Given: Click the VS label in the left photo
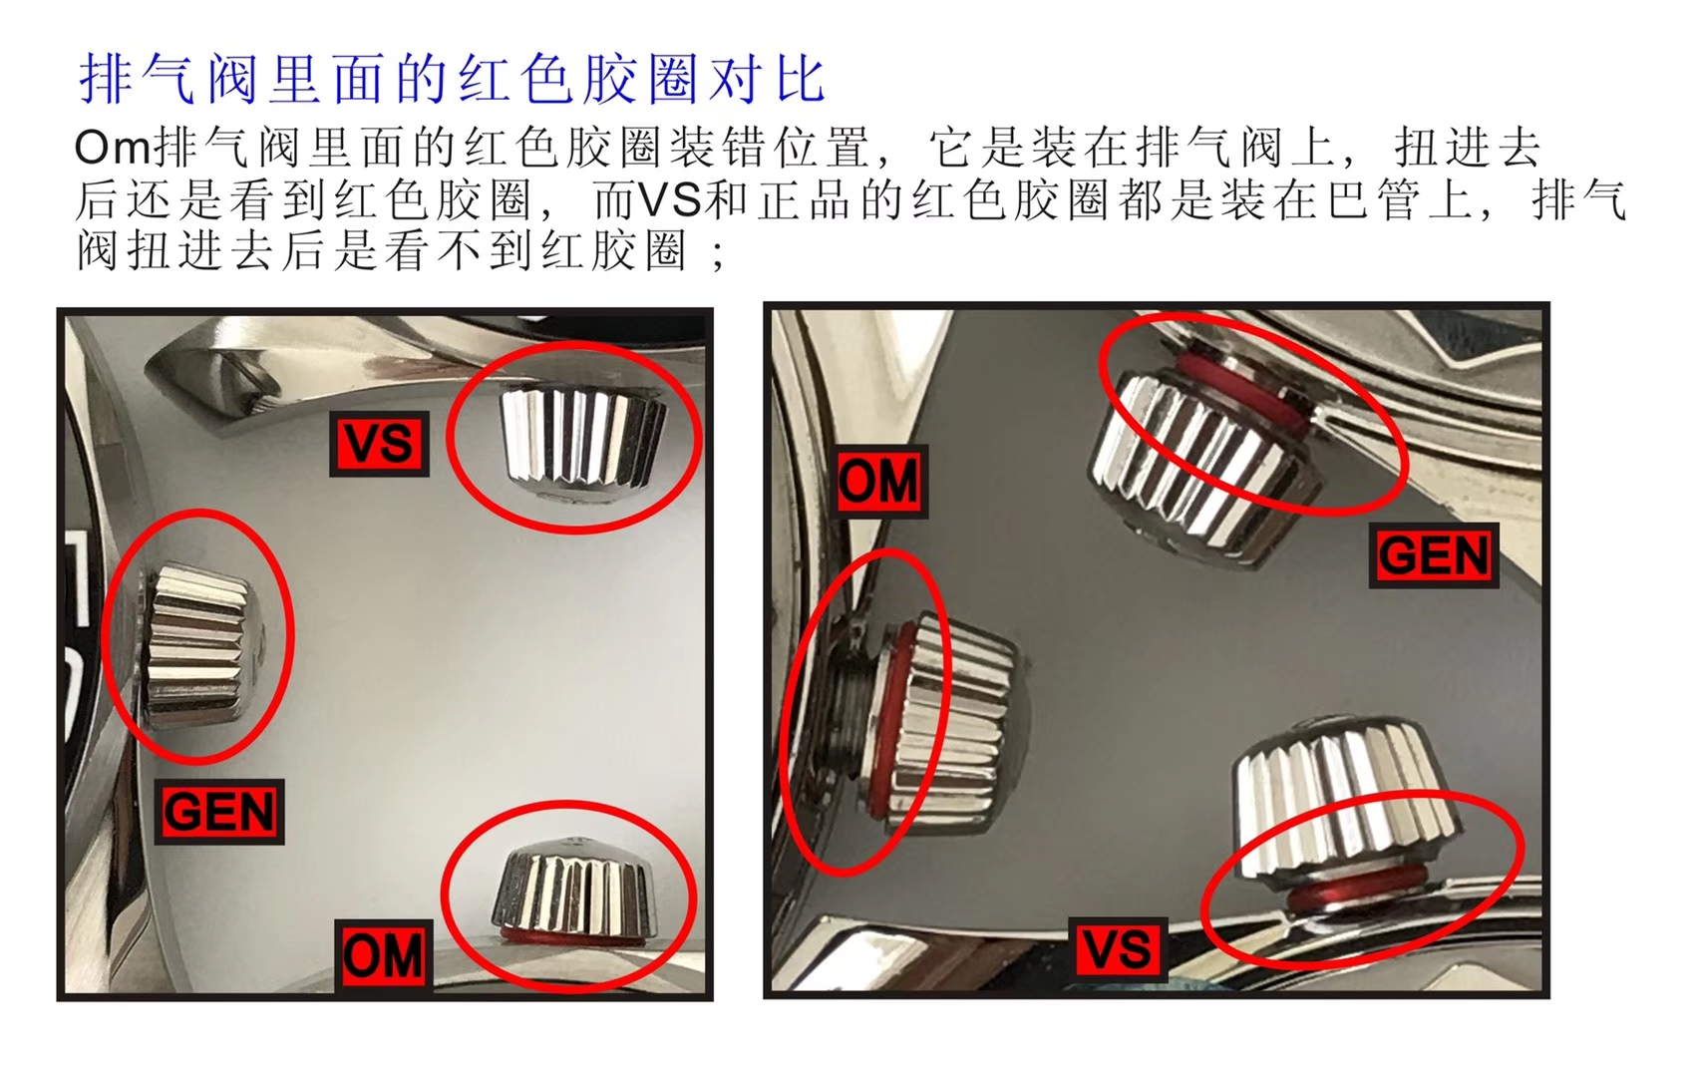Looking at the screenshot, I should coord(379,443).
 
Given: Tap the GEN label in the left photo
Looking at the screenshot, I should coord(221,812).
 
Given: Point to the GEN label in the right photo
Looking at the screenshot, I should coord(1434,555).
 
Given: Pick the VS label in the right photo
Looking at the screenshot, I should coord(1119,947).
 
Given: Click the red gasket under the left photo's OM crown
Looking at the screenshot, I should coord(568,938).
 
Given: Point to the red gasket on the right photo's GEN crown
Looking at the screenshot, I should coord(1236,384).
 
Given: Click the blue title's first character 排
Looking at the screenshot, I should coord(106,80).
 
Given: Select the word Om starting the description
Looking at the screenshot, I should coord(112,148).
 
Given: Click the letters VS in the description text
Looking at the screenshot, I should coord(671,199).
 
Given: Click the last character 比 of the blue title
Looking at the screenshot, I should coord(801,80).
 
